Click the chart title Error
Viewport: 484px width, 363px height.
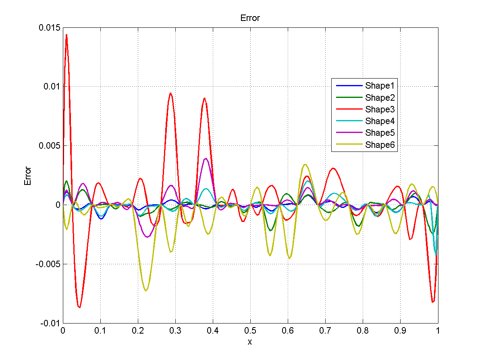pyautogui.click(x=250, y=18)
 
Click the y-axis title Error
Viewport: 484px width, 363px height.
pyautogui.click(x=28, y=176)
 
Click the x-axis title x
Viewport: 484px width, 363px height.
pyautogui.click(x=250, y=342)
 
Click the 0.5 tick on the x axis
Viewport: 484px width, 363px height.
pyautogui.click(x=250, y=330)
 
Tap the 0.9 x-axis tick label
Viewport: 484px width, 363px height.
pyautogui.click(x=400, y=330)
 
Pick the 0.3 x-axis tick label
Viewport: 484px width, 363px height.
pyautogui.click(x=175, y=330)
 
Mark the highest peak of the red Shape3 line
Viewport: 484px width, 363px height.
pyautogui.click(x=66, y=35)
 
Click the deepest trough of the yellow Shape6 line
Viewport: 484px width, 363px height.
pyautogui.click(x=146, y=290)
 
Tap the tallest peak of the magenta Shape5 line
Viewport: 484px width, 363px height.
pyautogui.click(x=206, y=158)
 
